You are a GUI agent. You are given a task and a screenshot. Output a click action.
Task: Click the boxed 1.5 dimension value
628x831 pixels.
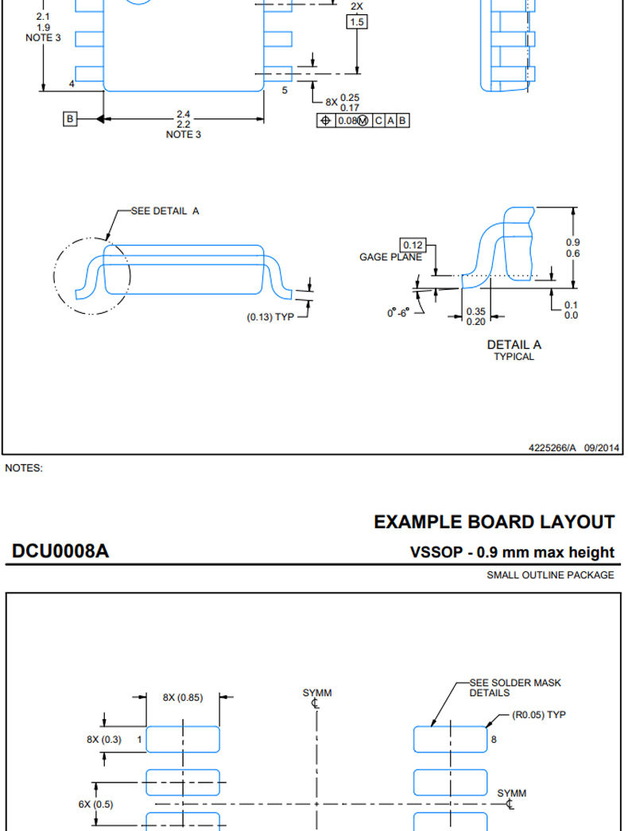coord(357,21)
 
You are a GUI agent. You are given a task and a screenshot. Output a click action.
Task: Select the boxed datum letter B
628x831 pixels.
coord(69,118)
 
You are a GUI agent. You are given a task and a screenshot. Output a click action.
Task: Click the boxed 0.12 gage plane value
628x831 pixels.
coord(413,245)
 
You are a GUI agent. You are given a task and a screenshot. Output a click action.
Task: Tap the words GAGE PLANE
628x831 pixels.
coord(390,257)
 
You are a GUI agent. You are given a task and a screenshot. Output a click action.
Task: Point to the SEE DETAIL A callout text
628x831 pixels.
coord(165,211)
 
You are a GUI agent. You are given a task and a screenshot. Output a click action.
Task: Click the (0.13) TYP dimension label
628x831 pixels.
coord(270,317)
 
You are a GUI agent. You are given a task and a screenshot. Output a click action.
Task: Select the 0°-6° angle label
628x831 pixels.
coord(398,313)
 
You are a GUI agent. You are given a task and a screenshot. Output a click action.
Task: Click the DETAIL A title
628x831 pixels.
coord(514,345)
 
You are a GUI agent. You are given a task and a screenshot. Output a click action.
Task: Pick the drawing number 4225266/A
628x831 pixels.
coord(552,448)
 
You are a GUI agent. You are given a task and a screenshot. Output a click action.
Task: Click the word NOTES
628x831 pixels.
coord(24,468)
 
